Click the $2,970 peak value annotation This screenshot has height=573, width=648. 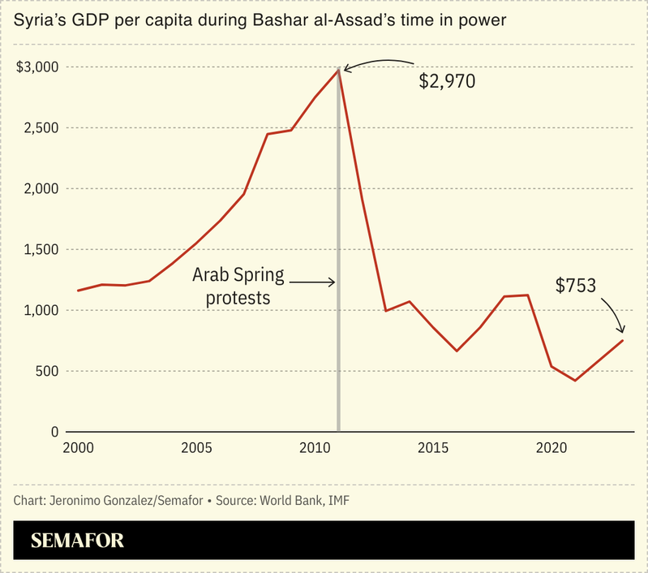click(446, 81)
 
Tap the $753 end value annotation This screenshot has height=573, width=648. click(576, 285)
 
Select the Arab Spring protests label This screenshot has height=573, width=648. click(238, 286)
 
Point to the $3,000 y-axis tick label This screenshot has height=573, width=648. click(36, 67)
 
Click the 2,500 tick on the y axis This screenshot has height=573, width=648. click(41, 128)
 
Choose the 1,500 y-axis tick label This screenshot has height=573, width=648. click(41, 250)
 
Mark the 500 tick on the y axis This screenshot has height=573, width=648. click(46, 372)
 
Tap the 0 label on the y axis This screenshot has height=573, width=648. click(54, 433)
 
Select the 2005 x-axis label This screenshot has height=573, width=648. click(195, 448)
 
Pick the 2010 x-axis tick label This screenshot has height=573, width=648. click(314, 448)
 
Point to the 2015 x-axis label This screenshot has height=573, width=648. click(432, 448)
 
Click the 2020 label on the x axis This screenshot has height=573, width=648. click(551, 448)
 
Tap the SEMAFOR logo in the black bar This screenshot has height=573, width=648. click(77, 541)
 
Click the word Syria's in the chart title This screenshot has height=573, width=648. click(39, 21)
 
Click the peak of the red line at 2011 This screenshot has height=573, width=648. click(338, 71)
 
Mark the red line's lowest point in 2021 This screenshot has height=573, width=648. click(575, 381)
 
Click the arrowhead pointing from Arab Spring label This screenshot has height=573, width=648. click(332, 282)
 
